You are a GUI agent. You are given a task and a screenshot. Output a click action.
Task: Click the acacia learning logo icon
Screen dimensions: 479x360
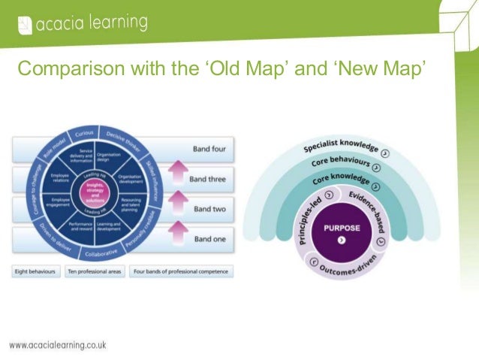point(25,26)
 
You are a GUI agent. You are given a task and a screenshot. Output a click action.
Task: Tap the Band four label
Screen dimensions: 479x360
point(209,149)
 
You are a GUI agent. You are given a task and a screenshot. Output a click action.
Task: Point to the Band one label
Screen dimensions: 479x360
point(209,239)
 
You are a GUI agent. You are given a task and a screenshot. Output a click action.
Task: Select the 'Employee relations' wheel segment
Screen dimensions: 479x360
point(59,178)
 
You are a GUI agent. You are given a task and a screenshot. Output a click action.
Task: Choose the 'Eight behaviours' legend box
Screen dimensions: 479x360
point(35,271)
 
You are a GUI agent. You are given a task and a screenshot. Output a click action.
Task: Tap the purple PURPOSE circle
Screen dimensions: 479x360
point(342,229)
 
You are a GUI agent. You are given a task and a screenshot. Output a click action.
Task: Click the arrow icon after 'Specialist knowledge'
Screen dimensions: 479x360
point(395,155)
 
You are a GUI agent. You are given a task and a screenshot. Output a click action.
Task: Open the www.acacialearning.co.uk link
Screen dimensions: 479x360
point(58,346)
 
